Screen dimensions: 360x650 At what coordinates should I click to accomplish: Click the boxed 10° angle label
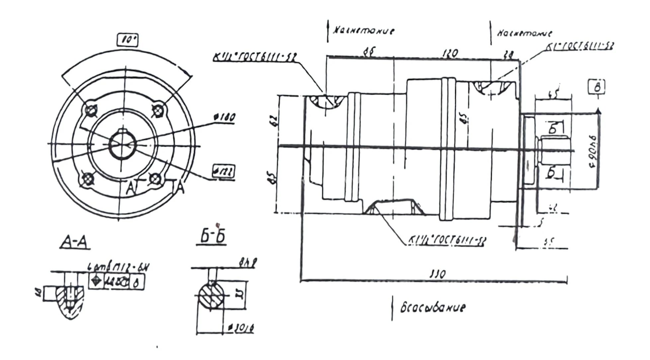click(128, 40)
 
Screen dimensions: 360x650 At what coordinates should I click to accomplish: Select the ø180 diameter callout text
click(225, 117)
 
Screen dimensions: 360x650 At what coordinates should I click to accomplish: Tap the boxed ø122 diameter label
click(223, 171)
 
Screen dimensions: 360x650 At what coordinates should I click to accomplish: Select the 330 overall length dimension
click(438, 274)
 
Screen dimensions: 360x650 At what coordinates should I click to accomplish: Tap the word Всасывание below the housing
click(433, 308)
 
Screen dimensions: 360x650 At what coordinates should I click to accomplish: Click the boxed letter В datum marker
click(596, 87)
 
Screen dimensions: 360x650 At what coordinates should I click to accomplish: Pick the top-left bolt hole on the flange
click(91, 109)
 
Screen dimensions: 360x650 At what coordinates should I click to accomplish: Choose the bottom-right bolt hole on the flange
click(155, 179)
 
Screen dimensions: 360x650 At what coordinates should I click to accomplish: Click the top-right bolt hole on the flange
click(158, 110)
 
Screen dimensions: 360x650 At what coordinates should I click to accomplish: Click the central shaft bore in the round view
click(122, 145)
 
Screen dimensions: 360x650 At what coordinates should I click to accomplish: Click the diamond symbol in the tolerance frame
click(96, 281)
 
